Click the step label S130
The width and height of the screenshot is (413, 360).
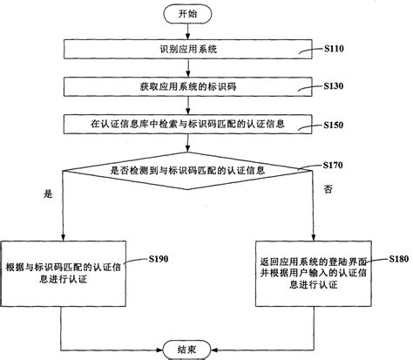click(335, 87)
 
